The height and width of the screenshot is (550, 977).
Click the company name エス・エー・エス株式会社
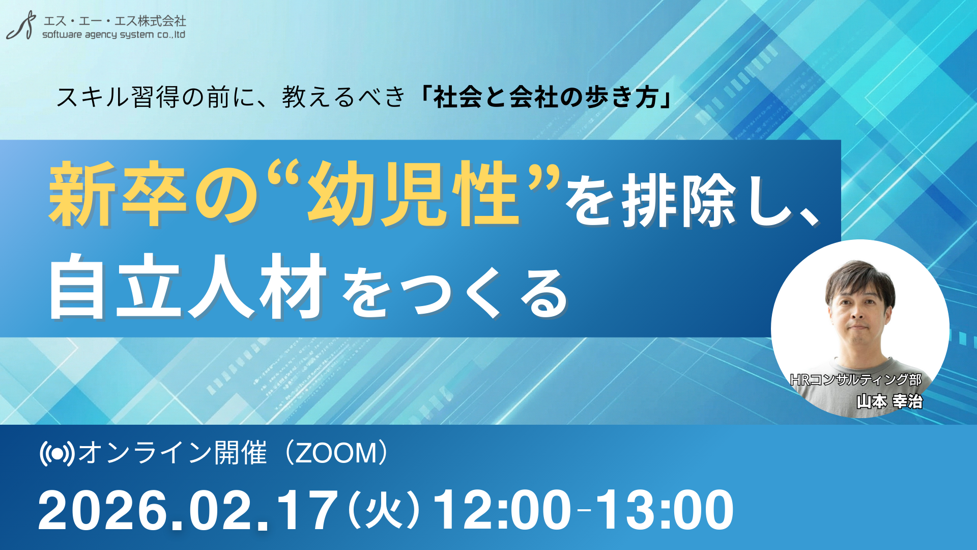114,21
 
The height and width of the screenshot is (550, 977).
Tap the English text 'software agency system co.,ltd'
113,35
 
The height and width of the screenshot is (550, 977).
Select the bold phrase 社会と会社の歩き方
545,97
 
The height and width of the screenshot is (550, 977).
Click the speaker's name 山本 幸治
889,401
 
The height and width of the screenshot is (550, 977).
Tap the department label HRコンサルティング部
856,380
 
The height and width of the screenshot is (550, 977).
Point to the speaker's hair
859,278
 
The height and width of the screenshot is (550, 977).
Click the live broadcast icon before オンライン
57,453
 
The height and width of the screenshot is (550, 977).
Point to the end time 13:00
664,510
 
